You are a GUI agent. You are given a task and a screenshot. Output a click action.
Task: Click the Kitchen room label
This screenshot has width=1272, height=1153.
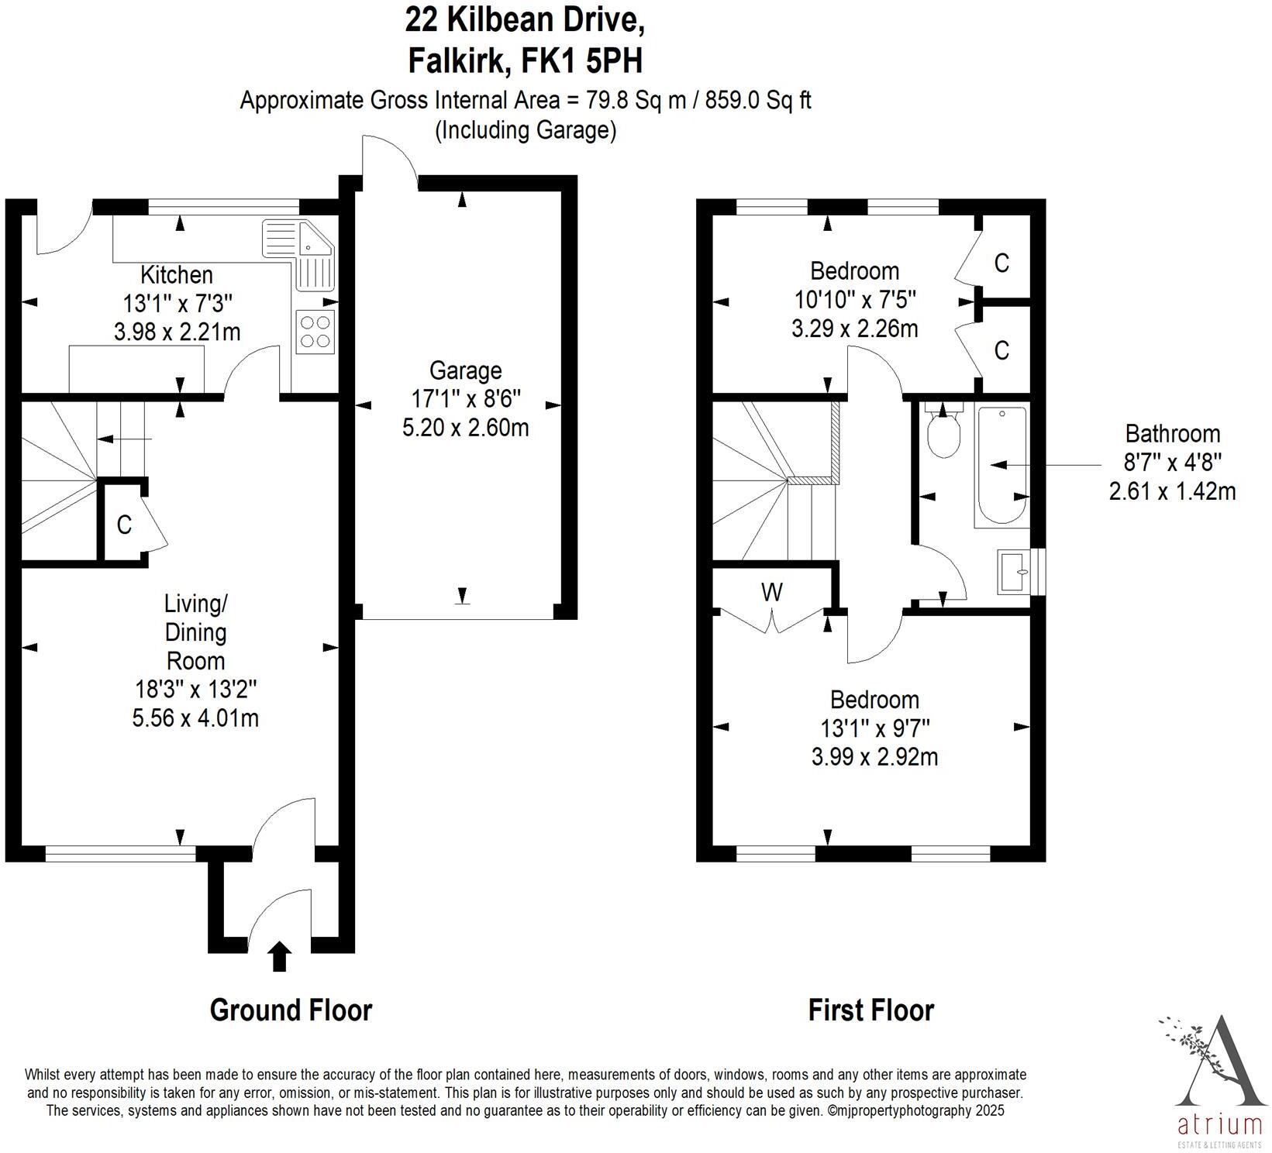point(176,275)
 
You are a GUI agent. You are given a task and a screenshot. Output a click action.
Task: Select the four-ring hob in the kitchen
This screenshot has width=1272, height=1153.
point(315,332)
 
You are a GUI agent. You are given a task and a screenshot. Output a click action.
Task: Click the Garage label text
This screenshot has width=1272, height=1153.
point(465,370)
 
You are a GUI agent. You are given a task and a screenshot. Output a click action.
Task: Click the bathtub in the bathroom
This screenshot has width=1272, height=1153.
point(1002,465)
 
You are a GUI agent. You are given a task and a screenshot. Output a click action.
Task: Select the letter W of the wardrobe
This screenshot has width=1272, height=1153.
point(771,593)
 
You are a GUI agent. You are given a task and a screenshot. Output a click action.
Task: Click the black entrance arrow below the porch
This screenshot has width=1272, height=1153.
point(280,957)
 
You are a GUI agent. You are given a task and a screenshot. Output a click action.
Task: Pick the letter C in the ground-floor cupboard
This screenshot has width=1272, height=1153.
point(124,525)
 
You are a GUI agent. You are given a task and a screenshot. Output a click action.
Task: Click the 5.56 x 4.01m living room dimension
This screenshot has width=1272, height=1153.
point(195,718)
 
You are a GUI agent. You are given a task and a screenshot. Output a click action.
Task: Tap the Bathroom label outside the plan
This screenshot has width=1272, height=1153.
point(1172,434)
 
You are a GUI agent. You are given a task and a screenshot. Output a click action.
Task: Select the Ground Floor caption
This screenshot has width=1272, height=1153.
point(291,1010)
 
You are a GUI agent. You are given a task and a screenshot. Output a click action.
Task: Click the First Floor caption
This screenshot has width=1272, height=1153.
point(870,1010)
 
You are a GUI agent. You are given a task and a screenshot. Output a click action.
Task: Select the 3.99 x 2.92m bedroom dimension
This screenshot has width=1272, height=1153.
point(874,756)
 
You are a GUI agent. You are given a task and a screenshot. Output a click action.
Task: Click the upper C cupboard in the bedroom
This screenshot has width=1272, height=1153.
point(1001,263)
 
